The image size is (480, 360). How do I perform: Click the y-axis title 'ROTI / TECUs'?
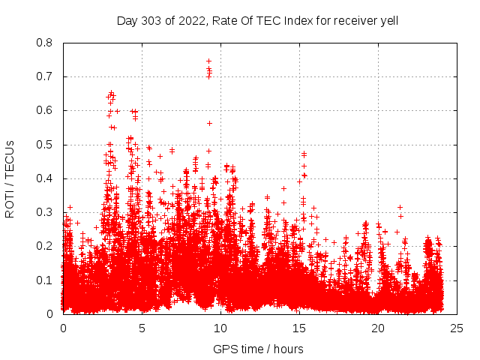[x=10, y=178]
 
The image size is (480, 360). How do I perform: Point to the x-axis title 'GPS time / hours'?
[x=258, y=349]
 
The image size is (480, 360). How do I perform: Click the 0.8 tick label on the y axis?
[x=45, y=43]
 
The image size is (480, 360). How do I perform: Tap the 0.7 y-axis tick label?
[x=45, y=76]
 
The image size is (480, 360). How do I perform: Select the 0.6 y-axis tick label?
[x=45, y=110]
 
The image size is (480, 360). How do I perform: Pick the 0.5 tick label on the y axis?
[x=45, y=144]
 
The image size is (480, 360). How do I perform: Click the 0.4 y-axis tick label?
[x=45, y=178]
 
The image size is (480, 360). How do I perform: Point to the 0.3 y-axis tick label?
[x=45, y=212]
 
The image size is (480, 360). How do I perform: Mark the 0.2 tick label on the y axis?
[x=45, y=246]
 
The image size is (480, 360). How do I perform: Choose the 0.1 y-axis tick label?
[x=45, y=280]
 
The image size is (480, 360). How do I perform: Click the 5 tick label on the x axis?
[x=142, y=328]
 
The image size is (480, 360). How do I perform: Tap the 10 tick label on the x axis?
[x=220, y=328]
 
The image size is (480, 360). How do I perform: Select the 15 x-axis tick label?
[x=299, y=328]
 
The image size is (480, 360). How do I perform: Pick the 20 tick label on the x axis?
[x=378, y=328]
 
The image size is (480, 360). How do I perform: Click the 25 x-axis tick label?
[x=457, y=328]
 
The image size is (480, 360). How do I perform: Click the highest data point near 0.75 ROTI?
[x=208, y=61]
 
